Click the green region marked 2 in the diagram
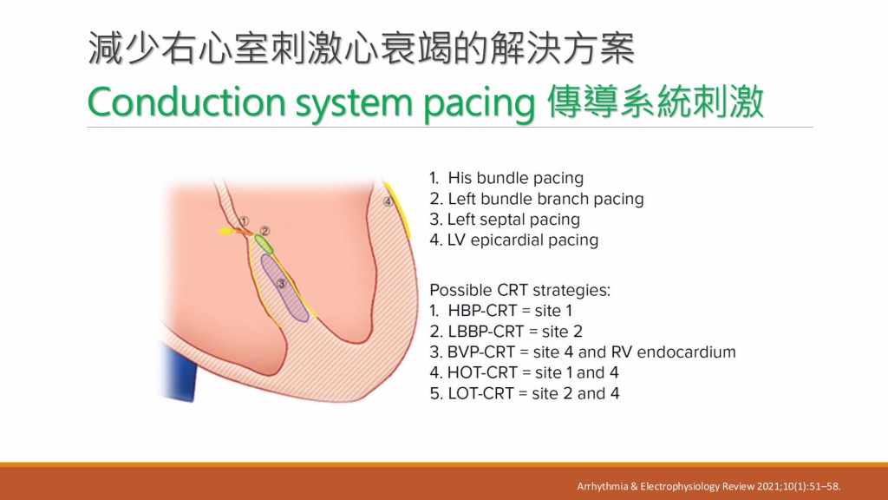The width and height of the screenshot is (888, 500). click(264, 244)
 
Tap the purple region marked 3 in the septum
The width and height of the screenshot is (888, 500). click(284, 288)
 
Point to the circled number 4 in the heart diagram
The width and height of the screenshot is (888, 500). click(388, 201)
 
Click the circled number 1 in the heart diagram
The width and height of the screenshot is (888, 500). click(244, 220)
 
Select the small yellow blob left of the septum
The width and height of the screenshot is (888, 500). click(226, 231)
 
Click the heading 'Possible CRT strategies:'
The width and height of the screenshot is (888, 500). click(520, 290)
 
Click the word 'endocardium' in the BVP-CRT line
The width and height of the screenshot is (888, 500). click(687, 352)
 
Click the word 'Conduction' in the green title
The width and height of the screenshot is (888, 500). click(186, 102)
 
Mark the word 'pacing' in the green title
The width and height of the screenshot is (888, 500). click(479, 104)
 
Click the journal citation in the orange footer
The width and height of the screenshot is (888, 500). click(708, 486)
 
